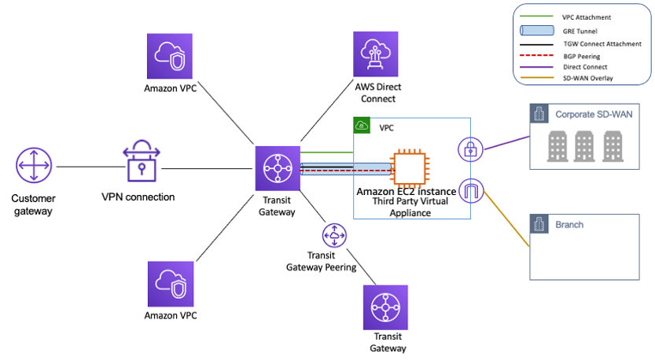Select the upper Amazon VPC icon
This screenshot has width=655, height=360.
[170, 56]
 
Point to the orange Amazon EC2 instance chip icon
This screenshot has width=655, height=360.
[410, 166]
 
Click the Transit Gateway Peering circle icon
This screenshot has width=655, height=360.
[336, 235]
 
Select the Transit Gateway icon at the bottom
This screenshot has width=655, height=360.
[385, 307]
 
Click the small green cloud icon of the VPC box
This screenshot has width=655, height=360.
[362, 126]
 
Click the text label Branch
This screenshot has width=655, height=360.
[569, 225]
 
